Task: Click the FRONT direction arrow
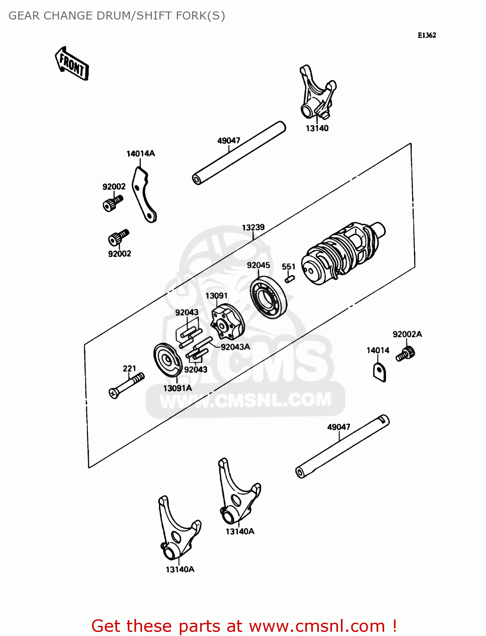pos(72,64)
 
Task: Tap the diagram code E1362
pos(427,35)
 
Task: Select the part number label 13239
pos(253,227)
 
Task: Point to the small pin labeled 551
pos(290,279)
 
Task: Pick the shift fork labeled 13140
pos(317,93)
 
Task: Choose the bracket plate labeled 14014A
pos(144,195)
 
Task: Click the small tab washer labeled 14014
pos(380,372)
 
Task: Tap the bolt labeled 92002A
pos(406,353)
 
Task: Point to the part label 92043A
pos(235,347)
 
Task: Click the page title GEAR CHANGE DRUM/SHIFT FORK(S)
pos(117,16)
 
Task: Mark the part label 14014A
pos(140,153)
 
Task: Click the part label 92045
pos(258,265)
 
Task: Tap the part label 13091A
pos(177,388)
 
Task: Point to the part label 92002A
pos(407,334)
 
